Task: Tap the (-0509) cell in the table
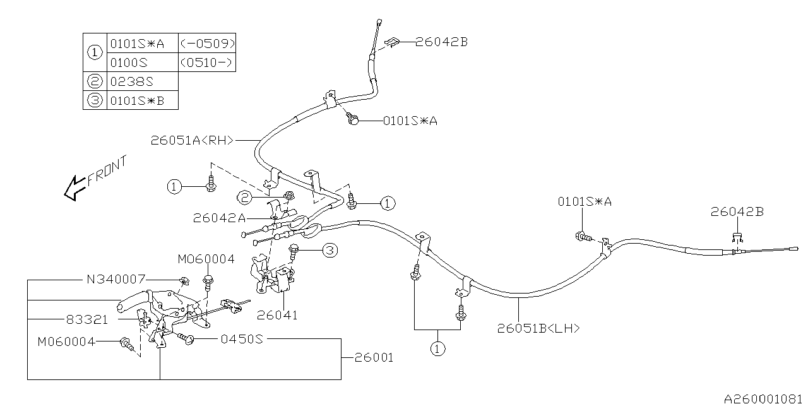pyautogui.click(x=207, y=43)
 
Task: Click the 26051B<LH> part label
pyautogui.click(x=538, y=328)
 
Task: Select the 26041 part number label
pyautogui.click(x=277, y=315)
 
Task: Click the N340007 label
pyautogui.click(x=116, y=278)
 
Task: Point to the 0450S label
pyautogui.click(x=242, y=339)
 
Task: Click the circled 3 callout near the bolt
pyautogui.click(x=329, y=251)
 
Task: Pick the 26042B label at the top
pyautogui.click(x=441, y=42)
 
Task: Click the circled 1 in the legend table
pyautogui.click(x=95, y=52)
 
